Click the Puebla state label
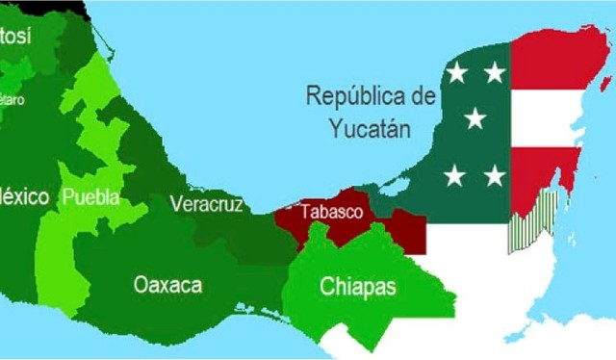[90, 197]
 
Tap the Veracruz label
[206, 204]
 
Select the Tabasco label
[331, 212]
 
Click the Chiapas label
[358, 287]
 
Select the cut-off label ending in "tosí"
[15, 37]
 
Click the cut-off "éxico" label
[24, 197]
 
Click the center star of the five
[475, 118]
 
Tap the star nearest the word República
[456, 72]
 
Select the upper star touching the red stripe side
[494, 72]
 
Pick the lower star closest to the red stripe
[494, 175]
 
